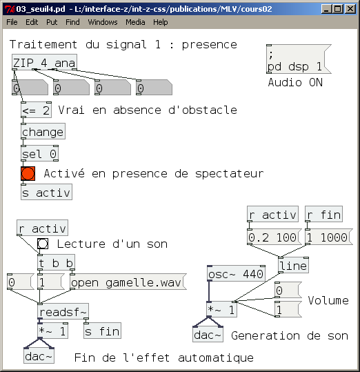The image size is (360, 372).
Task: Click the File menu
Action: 12,22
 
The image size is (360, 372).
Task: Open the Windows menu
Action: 102,22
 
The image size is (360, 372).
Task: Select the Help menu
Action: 160,22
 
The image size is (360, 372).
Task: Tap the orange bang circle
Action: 28,173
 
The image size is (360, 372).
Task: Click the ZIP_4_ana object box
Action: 44,63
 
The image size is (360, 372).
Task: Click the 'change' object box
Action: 42,132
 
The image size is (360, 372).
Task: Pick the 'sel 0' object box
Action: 39,154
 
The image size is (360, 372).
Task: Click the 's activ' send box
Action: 46,193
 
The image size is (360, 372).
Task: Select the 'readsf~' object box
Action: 63,313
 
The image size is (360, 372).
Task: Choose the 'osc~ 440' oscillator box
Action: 236,274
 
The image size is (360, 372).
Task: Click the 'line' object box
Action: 293,266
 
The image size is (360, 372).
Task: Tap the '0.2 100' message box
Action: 273,237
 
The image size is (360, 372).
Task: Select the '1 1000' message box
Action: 327,237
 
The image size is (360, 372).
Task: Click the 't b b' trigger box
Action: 56,263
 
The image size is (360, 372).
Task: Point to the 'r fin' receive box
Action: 323,215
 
